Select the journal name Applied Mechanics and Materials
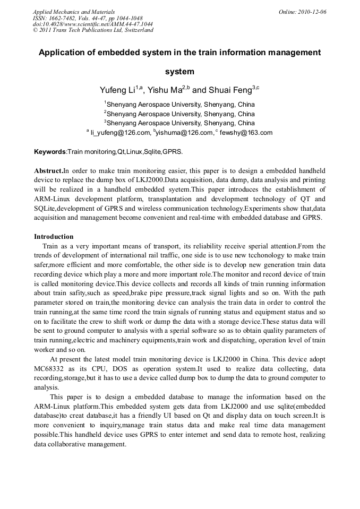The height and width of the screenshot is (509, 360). (73, 12)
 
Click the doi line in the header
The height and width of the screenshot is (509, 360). (92, 24)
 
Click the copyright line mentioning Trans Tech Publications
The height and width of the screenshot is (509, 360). (93, 30)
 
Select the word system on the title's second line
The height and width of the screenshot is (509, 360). (179, 72)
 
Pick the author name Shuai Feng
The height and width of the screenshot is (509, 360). (229, 91)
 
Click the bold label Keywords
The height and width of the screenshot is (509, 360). (50, 152)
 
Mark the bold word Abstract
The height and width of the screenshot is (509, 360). (48, 171)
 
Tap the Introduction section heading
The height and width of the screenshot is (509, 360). (54, 236)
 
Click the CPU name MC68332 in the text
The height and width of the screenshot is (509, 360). (49, 368)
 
